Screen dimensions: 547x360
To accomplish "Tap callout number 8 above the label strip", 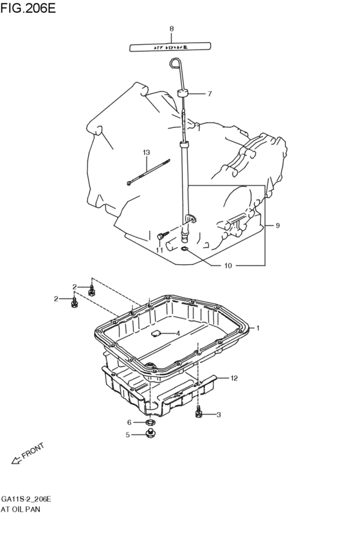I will click(172, 28).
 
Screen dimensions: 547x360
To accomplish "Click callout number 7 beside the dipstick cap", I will click(210, 94).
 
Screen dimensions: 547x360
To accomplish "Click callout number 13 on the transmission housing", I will click(146, 152).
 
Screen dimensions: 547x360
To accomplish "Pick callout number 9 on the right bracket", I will click(278, 226).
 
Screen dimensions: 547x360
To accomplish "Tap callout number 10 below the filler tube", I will click(228, 265).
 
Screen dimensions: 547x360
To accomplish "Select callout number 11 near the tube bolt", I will click(159, 250).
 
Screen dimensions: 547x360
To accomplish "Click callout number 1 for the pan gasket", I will click(258, 328).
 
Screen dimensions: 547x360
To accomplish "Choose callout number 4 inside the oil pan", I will click(177, 333).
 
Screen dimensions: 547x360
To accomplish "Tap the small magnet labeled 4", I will click(155, 333).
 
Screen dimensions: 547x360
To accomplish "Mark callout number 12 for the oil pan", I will click(234, 378).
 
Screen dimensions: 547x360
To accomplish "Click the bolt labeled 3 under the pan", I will click(199, 413).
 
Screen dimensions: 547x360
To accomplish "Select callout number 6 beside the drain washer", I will click(129, 422).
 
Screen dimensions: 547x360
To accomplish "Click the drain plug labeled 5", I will click(150, 436).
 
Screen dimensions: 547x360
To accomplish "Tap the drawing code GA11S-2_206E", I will click(26, 498).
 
